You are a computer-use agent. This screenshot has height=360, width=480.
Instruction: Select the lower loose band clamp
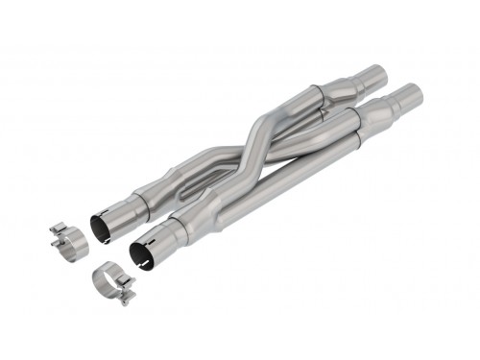click(113, 285)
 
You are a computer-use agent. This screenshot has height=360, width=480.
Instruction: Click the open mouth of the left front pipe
click(101, 229)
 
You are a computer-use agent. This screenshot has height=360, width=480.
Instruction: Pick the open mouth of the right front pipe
click(143, 252)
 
